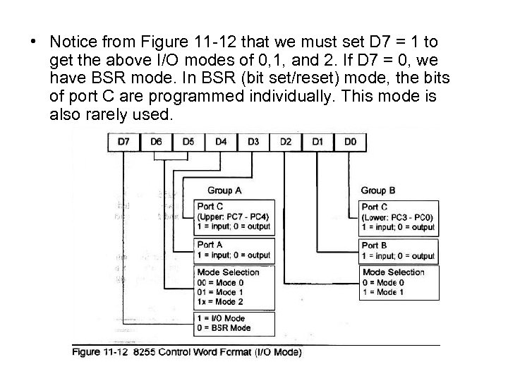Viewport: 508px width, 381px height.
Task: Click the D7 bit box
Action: click(x=123, y=142)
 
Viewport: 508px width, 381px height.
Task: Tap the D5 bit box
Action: click(x=188, y=142)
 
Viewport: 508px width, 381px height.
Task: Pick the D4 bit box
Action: click(x=220, y=142)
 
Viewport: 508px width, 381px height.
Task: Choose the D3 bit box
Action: click(x=253, y=142)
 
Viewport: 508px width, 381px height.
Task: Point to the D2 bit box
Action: click(x=286, y=142)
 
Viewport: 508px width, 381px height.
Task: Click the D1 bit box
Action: click(x=318, y=142)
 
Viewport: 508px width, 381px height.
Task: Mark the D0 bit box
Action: click(x=351, y=142)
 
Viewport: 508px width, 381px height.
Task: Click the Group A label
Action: click(x=225, y=190)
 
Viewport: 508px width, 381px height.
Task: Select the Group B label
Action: click(x=378, y=190)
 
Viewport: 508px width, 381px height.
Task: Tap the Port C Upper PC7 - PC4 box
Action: click(x=233, y=217)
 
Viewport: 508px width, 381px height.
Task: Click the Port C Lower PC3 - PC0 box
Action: click(x=398, y=217)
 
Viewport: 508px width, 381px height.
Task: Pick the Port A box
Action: click(x=233, y=250)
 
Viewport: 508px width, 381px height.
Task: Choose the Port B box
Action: click(x=398, y=250)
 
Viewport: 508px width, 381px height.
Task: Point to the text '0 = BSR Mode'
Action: click(x=224, y=328)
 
